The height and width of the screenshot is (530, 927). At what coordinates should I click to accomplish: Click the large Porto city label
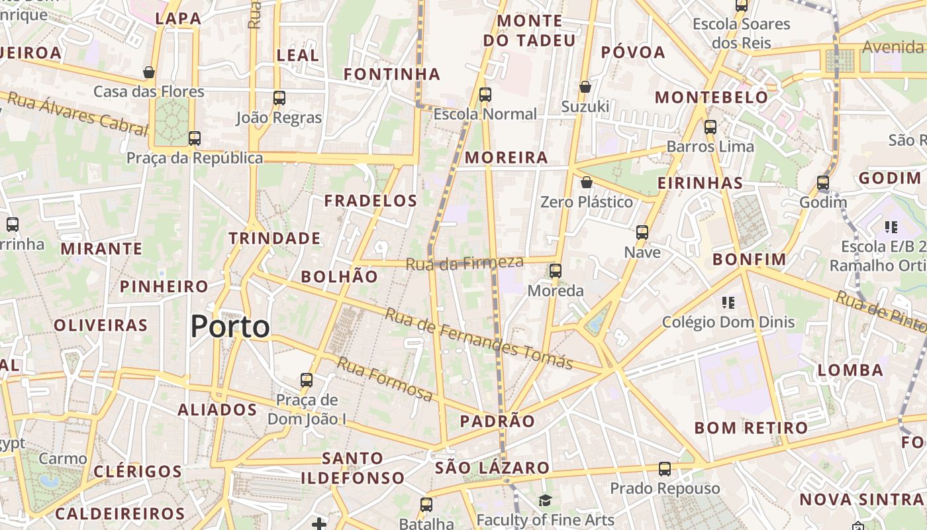click(x=230, y=327)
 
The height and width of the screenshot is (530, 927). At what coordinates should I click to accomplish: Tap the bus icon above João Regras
click(x=279, y=98)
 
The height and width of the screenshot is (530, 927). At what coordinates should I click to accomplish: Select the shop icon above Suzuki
click(x=585, y=87)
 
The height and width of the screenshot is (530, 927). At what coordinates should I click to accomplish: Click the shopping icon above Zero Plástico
click(x=586, y=182)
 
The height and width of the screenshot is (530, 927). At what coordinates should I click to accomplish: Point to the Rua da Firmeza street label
click(x=464, y=263)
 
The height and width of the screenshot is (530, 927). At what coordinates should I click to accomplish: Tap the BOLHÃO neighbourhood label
click(x=340, y=277)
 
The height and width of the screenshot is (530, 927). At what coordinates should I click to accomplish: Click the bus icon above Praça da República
click(x=195, y=138)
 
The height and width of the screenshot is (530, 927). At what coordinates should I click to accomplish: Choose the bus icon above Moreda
click(x=555, y=270)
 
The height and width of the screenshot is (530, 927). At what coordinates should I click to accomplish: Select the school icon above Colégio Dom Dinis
click(x=728, y=303)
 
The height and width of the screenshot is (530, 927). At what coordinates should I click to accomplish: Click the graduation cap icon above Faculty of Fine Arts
click(x=545, y=500)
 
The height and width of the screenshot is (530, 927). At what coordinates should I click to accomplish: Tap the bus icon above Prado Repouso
click(x=665, y=469)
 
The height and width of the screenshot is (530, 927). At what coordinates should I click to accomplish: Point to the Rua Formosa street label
click(x=385, y=379)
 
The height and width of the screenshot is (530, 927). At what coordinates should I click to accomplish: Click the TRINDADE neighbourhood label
click(x=275, y=238)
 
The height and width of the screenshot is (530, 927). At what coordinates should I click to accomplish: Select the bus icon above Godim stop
click(x=823, y=182)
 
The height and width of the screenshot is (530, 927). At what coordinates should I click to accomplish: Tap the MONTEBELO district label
click(x=712, y=97)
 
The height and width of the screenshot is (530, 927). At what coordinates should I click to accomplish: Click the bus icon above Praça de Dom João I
click(x=307, y=380)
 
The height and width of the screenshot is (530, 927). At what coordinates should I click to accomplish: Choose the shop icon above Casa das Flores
click(x=149, y=72)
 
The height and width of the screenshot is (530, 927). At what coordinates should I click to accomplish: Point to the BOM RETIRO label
click(x=751, y=428)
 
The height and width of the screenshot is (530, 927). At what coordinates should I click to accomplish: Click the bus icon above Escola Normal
click(x=485, y=94)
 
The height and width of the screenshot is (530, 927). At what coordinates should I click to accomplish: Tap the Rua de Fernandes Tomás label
click(x=478, y=339)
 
